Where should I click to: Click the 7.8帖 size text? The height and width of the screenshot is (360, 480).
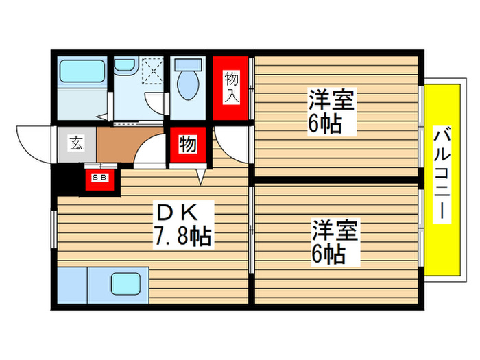pos(182,237)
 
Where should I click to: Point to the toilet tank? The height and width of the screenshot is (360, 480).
pos(187,66)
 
